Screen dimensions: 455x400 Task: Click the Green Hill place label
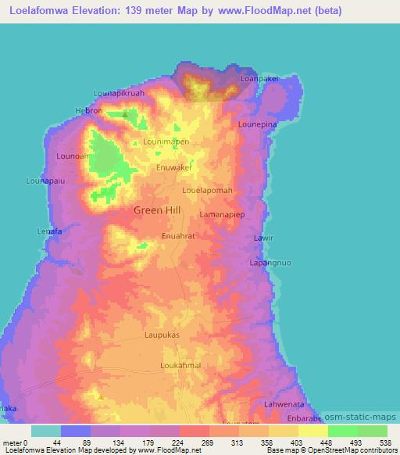click(x=157, y=210)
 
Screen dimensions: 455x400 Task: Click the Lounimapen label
click(x=166, y=142)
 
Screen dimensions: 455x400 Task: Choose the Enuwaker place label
click(x=174, y=167)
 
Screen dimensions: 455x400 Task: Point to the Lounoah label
click(x=72, y=156)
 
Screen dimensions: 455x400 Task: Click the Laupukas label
click(x=162, y=335)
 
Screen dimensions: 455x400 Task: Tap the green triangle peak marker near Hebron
click(x=125, y=113)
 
